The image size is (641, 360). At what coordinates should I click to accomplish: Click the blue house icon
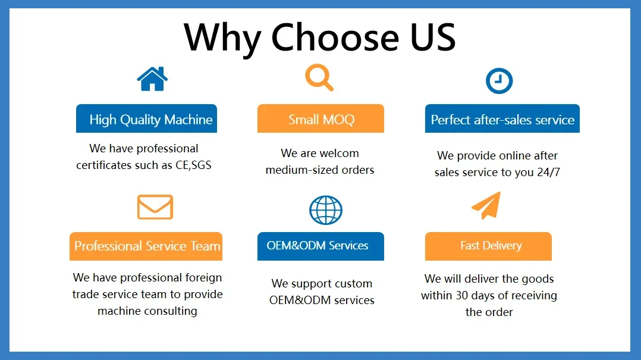pos(152,79)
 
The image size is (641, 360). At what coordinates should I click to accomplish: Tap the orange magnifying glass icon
pos(319,77)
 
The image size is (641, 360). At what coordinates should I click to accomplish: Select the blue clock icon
pos(499,80)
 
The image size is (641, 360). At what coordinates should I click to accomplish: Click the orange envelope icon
pos(155,207)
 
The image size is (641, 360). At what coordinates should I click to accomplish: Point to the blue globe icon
pos(326,210)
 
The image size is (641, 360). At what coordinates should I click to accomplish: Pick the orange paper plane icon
pos(486,205)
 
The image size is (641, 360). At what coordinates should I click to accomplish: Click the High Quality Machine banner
pos(146,118)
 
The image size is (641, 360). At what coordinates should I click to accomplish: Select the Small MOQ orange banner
pos(320,118)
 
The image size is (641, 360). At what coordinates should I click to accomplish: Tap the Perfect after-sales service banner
pos(502,118)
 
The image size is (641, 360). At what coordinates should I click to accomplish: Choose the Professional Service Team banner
pos(146,246)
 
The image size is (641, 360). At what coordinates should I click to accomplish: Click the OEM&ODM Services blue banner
pos(320,246)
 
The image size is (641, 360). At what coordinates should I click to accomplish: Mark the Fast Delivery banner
pos(488,246)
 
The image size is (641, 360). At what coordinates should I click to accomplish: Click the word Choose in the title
pos(335,37)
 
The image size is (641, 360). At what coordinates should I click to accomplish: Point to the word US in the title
pos(433,37)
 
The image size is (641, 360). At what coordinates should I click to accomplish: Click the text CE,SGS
pos(193,165)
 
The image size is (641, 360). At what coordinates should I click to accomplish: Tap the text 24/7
pos(548,172)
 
